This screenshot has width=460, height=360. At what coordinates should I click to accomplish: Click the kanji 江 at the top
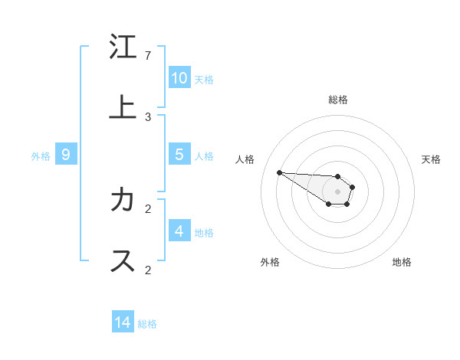pos(122,47)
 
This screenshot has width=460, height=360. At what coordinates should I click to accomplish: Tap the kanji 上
pos(122,107)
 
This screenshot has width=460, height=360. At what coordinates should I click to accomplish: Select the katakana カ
pos(122,200)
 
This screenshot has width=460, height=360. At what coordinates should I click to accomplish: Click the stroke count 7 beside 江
pos(148,56)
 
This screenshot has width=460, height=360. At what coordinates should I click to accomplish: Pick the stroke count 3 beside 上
pos(148,117)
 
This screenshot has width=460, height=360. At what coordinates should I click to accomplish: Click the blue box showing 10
pos(179,78)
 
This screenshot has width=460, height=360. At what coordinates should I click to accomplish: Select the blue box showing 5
pos(179,155)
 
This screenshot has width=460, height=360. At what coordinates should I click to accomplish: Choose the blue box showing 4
pos(179,231)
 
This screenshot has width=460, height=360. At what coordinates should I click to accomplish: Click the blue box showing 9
pos(66,155)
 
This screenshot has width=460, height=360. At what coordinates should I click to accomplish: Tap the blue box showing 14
pos(123,322)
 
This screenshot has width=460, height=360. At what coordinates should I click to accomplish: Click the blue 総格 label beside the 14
pos(147,324)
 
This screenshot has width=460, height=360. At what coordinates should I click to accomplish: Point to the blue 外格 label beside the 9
pos(41,156)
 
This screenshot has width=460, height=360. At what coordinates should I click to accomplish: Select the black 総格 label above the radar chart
pos(337,100)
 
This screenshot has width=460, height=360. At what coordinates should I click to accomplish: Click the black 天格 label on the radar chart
pos(431,159)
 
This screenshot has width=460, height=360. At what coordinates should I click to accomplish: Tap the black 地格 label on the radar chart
pos(402,262)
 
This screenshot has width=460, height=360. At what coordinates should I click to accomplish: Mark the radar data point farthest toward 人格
pos(279,172)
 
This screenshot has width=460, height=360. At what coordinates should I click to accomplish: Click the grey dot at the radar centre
pos(337,191)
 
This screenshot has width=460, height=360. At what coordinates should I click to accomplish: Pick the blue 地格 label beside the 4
pos(204,233)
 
